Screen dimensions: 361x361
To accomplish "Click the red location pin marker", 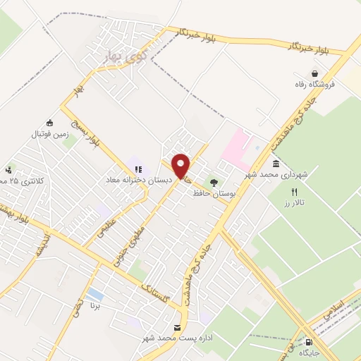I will [181, 166].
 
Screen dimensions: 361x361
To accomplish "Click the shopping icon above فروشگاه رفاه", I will [314, 73].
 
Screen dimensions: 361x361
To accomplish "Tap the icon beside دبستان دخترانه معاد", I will [138, 169].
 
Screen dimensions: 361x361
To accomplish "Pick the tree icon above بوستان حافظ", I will [214, 180].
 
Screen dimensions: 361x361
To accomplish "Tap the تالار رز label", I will [295, 202].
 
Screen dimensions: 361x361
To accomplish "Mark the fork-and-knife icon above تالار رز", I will [295, 192].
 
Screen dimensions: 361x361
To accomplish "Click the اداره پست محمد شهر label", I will [178, 339].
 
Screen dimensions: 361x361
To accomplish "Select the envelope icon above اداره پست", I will [177, 328].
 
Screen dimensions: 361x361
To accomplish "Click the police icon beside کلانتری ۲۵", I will [8, 169].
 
